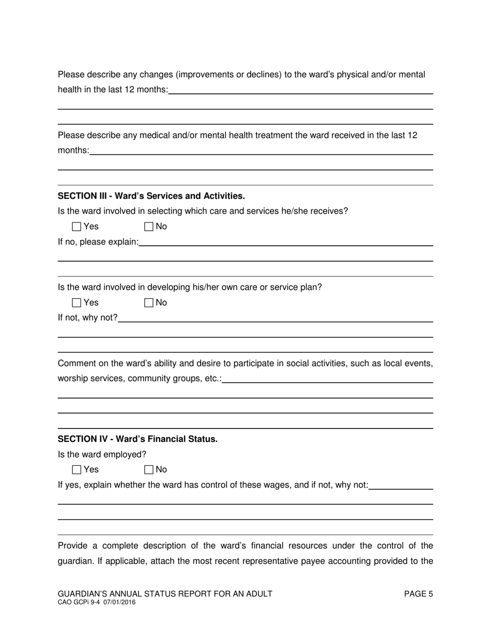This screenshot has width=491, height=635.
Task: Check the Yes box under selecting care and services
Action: click(76, 227)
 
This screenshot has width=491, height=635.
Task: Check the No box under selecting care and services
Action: click(149, 227)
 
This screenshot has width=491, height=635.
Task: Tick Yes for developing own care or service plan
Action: click(76, 303)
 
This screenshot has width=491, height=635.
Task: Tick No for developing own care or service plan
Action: click(149, 303)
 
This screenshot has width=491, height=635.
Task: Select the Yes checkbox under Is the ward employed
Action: click(76, 470)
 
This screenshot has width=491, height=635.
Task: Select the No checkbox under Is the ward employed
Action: click(149, 470)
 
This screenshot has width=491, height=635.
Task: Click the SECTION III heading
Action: click(151, 196)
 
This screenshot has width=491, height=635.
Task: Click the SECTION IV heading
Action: click(137, 439)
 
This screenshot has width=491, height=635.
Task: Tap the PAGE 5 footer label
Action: click(418, 594)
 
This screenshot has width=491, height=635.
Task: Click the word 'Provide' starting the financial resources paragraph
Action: click(73, 546)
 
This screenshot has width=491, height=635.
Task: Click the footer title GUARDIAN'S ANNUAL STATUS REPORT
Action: click(165, 594)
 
